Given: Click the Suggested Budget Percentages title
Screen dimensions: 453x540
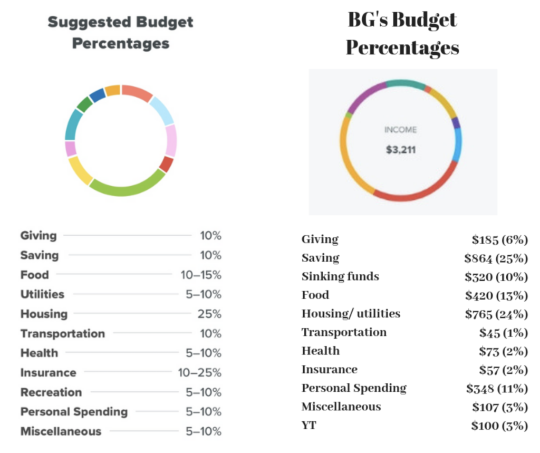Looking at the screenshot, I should point(121,33).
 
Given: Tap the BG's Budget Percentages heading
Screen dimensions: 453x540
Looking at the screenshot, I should point(402,34).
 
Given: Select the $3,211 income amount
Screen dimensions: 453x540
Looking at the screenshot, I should point(401,150).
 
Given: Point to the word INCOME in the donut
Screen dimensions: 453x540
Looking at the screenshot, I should point(401,130).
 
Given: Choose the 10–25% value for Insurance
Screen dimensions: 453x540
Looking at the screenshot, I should point(200,373).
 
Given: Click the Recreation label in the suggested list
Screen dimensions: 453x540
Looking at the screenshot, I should point(51,392).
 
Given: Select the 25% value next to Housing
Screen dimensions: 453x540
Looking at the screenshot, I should point(210,314).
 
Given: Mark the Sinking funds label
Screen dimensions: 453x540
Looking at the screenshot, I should point(340,276).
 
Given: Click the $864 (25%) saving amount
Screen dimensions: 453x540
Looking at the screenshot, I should point(496,258).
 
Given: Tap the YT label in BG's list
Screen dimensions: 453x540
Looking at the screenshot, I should point(309,425).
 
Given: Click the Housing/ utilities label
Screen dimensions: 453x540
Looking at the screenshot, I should point(351,314).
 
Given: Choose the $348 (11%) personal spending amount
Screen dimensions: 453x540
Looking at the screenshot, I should point(497,389).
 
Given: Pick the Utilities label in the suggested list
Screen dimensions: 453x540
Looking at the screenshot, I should point(42,294).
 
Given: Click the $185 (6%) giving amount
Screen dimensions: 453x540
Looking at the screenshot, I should point(499,240).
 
